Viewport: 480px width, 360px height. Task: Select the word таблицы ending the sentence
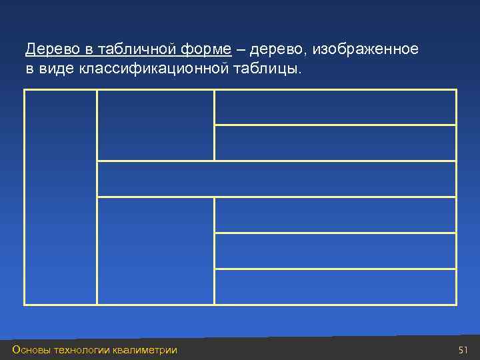(x=267, y=69)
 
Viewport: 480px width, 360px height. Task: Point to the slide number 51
(x=464, y=350)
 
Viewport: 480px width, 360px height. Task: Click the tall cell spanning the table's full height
(x=61, y=197)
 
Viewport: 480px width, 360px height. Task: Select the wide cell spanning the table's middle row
(x=277, y=179)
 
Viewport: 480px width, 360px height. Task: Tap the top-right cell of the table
(x=335, y=107)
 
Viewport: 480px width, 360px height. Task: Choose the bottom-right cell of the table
(x=335, y=287)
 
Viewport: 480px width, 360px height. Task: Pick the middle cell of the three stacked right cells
(x=335, y=251)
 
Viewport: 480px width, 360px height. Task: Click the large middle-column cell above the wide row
(x=155, y=125)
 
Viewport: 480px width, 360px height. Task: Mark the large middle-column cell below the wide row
(x=155, y=251)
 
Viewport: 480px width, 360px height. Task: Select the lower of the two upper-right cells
(x=335, y=143)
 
